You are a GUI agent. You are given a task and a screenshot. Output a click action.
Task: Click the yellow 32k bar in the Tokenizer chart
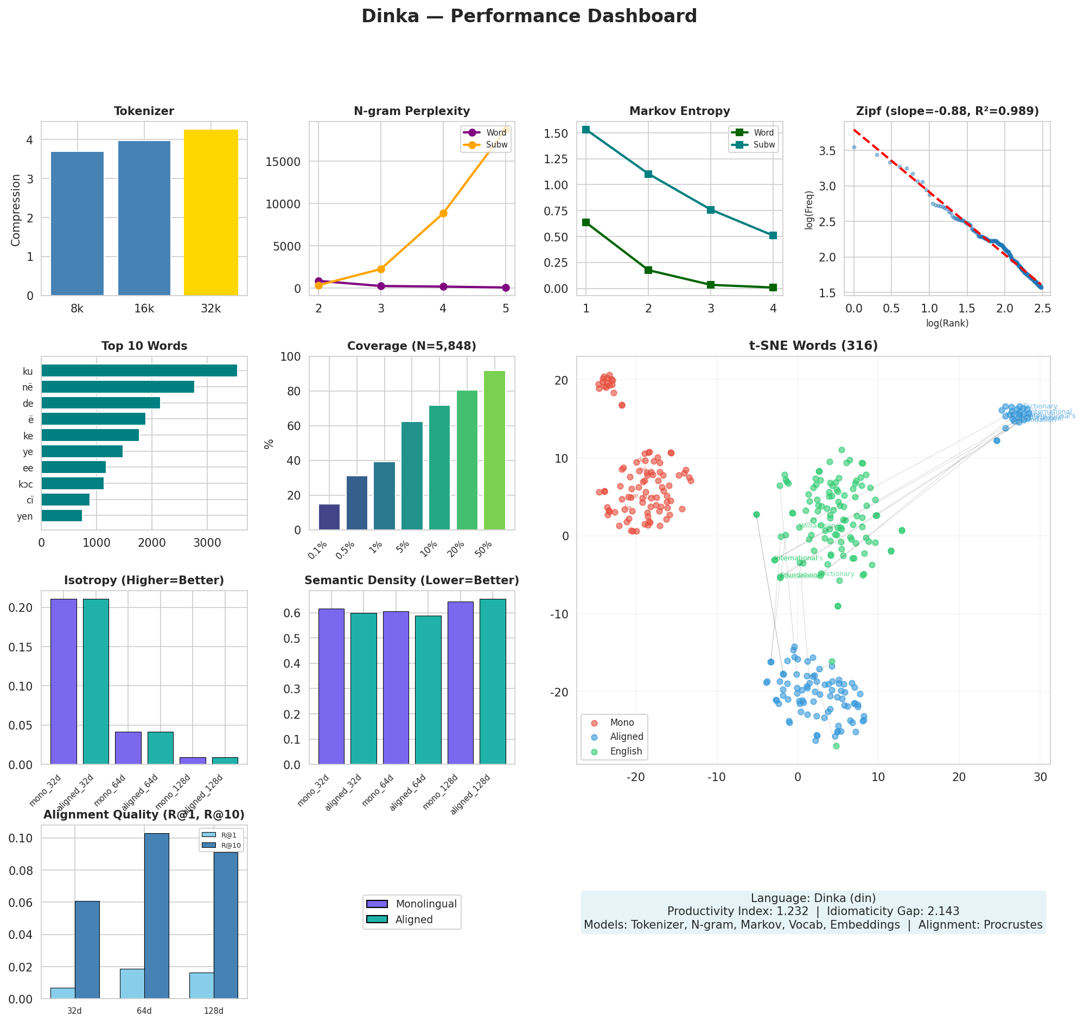(211, 213)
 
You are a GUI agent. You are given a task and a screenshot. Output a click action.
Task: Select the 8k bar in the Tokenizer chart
(78, 223)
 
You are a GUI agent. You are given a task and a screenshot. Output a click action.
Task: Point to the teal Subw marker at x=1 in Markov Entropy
(586, 130)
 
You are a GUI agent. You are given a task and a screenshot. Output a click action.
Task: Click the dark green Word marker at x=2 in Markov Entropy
(648, 270)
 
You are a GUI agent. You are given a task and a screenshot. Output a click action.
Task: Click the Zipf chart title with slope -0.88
(947, 111)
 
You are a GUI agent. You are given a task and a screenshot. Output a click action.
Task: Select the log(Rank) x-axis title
(947, 323)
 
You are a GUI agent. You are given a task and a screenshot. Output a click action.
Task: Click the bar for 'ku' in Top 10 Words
(139, 371)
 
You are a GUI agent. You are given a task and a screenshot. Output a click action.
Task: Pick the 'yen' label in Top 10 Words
(25, 516)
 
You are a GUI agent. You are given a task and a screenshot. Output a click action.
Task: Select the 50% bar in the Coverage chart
(494, 450)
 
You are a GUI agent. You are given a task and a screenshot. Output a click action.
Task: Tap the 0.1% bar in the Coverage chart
(329, 517)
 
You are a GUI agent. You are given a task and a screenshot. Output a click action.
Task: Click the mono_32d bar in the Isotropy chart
(64, 681)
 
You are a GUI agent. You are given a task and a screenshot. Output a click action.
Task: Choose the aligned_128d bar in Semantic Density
(493, 681)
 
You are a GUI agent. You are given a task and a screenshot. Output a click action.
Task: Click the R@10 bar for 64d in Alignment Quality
(157, 916)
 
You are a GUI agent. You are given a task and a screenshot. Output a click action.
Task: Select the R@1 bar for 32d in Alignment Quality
(63, 993)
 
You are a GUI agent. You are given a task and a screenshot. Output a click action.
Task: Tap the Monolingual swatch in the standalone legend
(377, 904)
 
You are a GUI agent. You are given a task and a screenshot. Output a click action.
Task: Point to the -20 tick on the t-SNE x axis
(636, 777)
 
